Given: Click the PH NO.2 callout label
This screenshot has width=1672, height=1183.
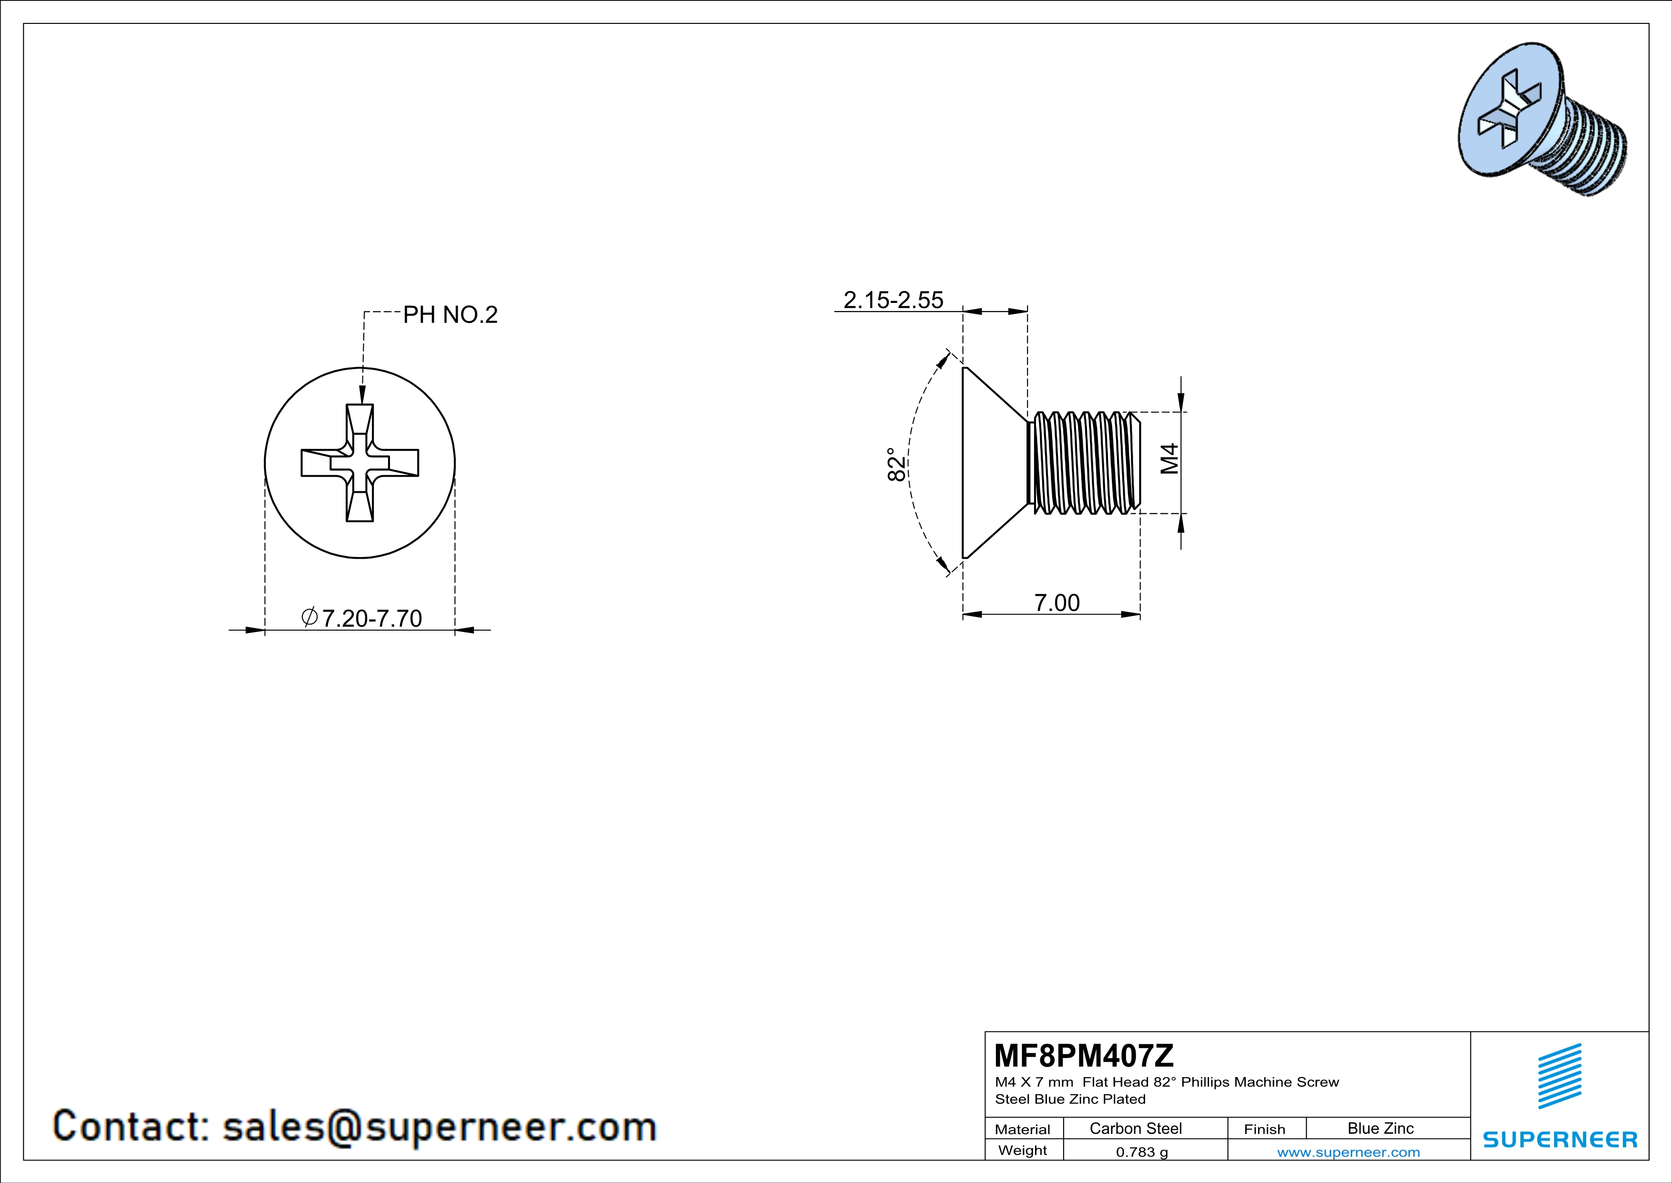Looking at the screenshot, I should point(450,315).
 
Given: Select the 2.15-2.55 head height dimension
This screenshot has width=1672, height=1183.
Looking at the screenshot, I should point(893,300).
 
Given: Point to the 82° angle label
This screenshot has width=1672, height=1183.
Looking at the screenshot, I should point(897,464).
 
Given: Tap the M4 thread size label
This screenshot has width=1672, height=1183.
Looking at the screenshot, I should point(1169,459).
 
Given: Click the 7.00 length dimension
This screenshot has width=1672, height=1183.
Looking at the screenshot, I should point(1057,602).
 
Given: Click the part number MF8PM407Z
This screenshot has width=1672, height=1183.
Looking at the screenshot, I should point(1084,1055).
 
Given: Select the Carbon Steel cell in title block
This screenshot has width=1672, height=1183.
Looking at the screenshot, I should point(1135,1128).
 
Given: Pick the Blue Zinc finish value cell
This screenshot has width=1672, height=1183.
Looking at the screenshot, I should point(1380,1128).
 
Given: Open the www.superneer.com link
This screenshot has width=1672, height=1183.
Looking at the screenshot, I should point(1348,1152).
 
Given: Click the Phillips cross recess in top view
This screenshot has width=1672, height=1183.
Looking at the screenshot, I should point(360,463).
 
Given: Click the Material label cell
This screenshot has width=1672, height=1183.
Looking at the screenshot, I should point(1023,1129).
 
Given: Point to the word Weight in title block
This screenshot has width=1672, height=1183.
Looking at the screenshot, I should point(1023,1150).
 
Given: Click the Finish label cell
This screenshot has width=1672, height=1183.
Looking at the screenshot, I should point(1264,1129).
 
